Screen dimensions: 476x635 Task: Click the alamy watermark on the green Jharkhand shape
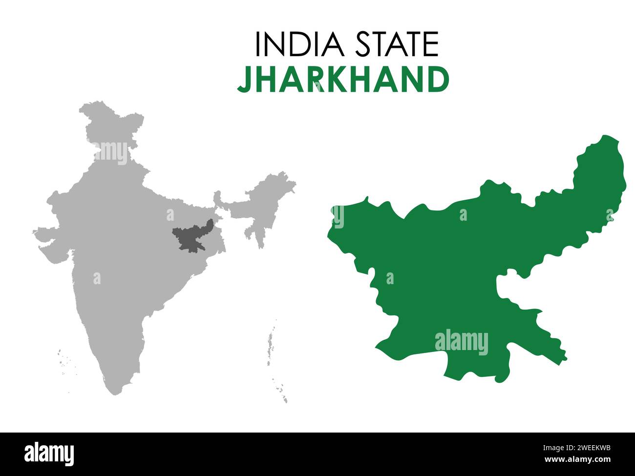pos(461,342)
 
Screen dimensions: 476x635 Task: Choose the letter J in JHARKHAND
pos(243,80)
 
